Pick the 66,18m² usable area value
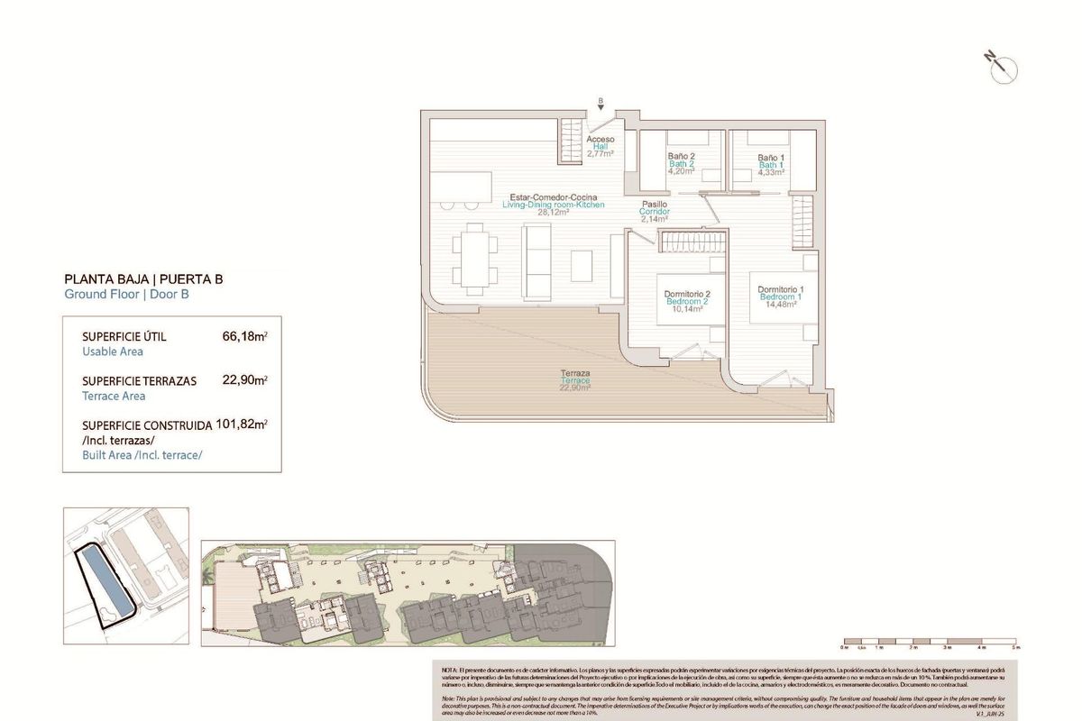(244, 337)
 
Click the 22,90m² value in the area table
(244, 380)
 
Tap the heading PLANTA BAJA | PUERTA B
(143, 279)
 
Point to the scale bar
(929, 643)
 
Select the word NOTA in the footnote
(450, 671)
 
